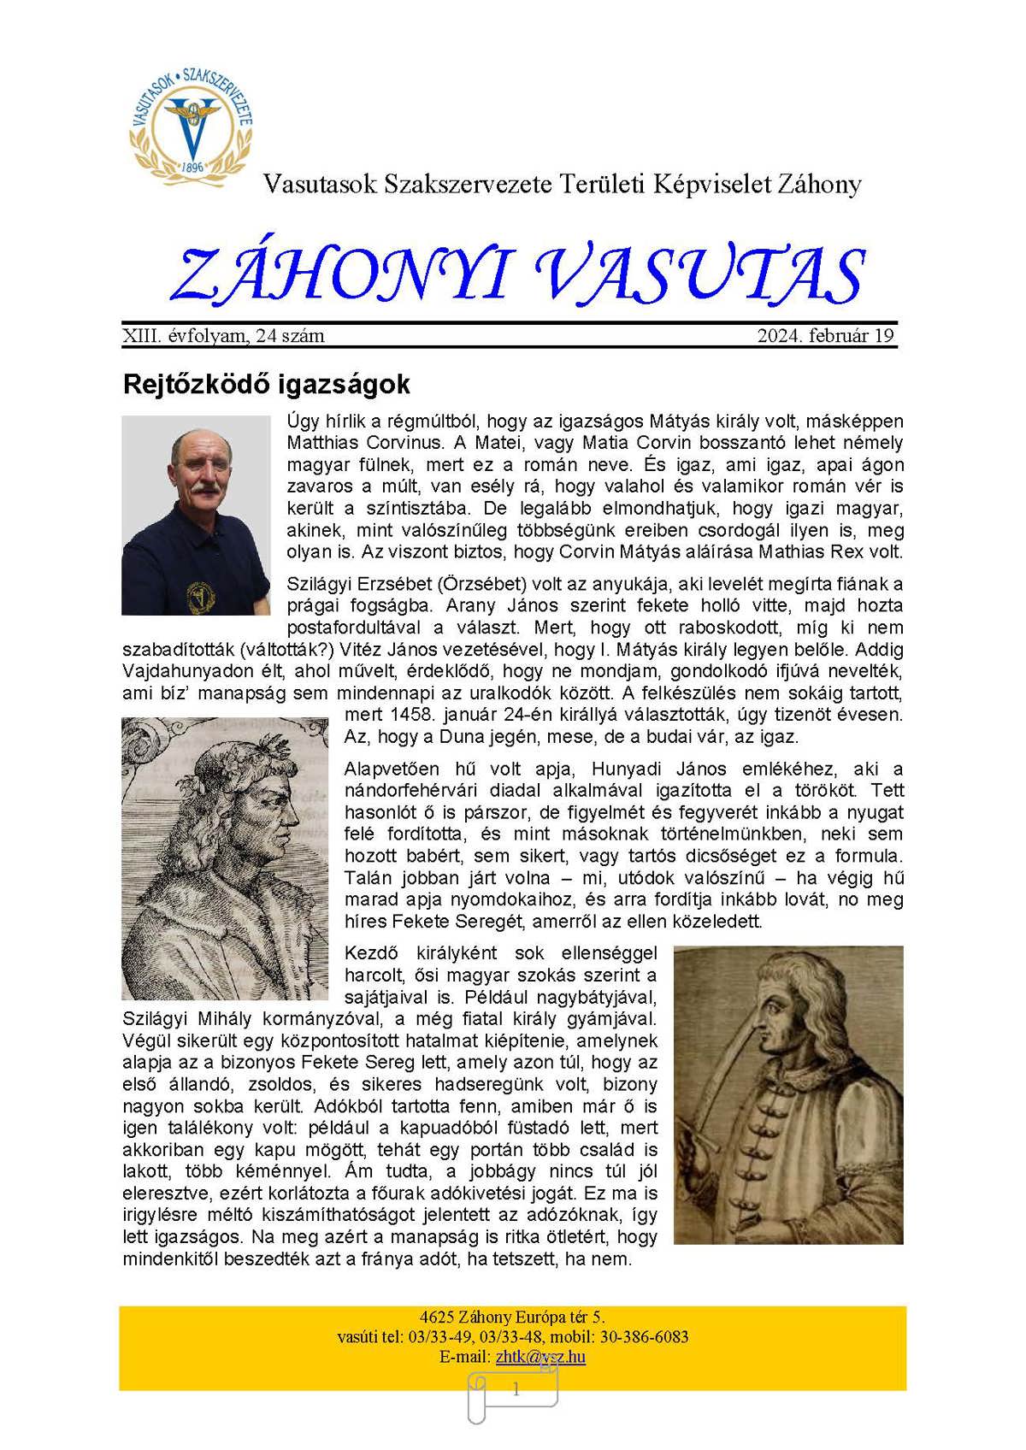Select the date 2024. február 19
(825, 336)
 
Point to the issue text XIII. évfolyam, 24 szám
(223, 336)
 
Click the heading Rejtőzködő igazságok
(266, 385)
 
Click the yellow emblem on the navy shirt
(202, 597)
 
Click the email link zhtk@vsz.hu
(540, 1357)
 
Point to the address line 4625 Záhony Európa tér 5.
(512, 1317)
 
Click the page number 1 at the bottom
(515, 1390)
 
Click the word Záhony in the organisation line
(819, 184)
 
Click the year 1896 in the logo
(192, 168)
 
